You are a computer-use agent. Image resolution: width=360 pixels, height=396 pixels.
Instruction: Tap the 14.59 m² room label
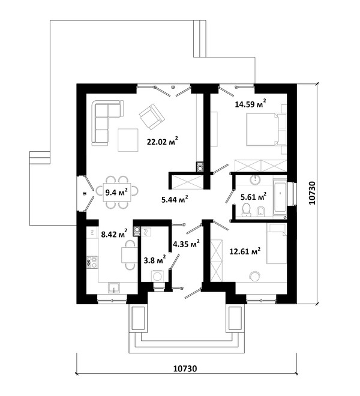tap(250, 103)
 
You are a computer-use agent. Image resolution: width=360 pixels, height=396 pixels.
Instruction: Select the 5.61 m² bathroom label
tap(253, 197)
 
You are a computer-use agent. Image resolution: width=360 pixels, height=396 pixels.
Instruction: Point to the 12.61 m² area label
tap(245, 251)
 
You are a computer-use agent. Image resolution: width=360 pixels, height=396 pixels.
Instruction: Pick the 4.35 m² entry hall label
tap(187, 244)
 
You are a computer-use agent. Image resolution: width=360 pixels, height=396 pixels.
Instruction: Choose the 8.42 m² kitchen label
tap(114, 234)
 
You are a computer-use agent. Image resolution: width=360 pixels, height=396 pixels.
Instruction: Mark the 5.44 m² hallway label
tap(175, 200)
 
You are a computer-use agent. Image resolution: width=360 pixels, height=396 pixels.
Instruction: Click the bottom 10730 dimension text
tap(185, 368)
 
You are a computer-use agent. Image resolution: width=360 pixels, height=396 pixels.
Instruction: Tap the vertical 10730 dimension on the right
tap(312, 193)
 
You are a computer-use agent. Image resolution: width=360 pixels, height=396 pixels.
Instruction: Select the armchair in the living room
tap(152, 116)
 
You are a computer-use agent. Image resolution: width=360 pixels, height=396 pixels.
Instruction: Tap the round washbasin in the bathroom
tap(256, 179)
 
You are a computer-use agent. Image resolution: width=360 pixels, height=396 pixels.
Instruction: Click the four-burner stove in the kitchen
tap(92, 262)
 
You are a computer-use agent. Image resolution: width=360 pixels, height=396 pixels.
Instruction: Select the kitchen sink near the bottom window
tap(114, 287)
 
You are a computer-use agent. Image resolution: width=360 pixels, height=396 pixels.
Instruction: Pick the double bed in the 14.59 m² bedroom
tap(263, 130)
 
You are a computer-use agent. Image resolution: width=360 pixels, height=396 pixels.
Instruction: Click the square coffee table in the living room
tap(128, 140)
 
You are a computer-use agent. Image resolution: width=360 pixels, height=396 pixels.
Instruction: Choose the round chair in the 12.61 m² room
tap(254, 276)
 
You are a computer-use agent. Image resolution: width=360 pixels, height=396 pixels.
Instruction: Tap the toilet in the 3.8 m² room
tap(157, 276)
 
